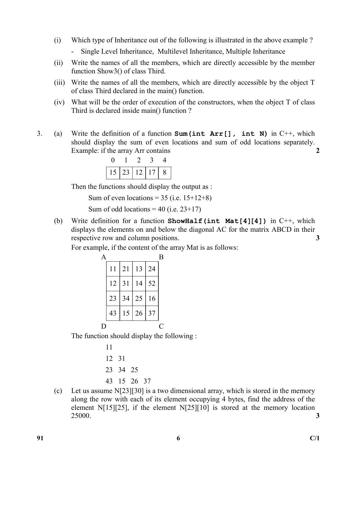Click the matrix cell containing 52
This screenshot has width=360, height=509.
152,283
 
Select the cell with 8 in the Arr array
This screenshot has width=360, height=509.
164,173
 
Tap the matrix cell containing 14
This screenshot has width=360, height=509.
139,283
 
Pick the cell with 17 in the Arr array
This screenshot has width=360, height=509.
152,173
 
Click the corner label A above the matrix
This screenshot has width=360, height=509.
104,257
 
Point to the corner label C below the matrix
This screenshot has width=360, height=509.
161,326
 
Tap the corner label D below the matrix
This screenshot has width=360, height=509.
104,326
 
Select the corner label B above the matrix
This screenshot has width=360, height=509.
161,257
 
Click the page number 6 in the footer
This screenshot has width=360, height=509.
178,438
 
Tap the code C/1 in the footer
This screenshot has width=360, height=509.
314,438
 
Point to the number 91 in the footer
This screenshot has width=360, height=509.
40,438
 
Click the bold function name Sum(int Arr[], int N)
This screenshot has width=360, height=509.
221,134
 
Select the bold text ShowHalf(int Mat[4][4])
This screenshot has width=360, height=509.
217,221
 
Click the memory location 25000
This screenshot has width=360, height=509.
81,416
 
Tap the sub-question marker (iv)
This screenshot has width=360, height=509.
59,102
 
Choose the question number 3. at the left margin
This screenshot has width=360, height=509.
40,133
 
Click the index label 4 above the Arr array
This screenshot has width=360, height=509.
164,160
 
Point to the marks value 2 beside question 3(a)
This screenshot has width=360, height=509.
318,151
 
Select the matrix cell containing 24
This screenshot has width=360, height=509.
152,269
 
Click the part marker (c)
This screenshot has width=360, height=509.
58,391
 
